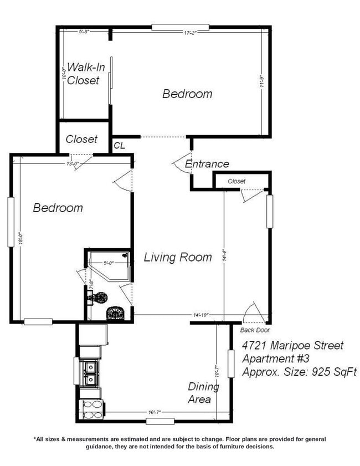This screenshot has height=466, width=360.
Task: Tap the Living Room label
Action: pos(178,257)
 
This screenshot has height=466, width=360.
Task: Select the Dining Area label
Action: pos(203,392)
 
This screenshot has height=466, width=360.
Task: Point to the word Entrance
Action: pos(207,164)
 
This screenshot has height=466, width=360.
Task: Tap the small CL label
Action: pos(120,145)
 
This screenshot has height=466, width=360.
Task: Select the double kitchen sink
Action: pos(89,372)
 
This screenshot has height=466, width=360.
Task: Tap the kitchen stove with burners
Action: pos(90,409)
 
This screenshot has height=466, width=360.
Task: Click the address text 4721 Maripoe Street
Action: pos(293,346)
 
